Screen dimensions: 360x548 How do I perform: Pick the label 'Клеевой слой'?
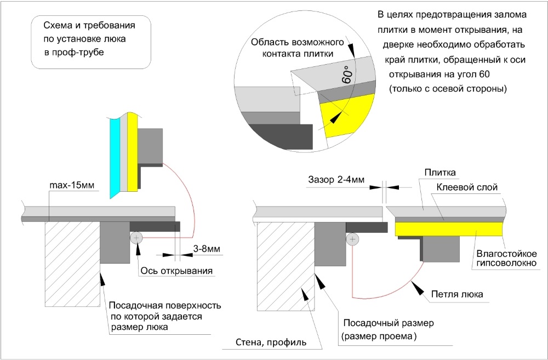coord(467,187)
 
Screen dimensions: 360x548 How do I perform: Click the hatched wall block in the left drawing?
coord(71,263)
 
